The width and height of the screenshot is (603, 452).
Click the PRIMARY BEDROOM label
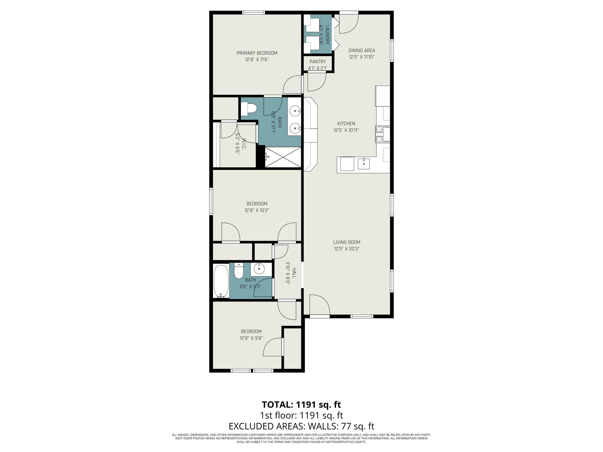257,53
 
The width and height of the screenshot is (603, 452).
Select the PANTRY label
318,62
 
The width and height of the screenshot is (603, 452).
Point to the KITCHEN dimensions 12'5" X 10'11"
346,130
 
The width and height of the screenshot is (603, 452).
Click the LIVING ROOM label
347,242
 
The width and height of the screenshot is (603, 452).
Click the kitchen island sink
363,164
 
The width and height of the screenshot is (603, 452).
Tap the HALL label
294,273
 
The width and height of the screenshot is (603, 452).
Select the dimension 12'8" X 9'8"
251,338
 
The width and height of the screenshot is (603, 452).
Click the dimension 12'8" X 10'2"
257,210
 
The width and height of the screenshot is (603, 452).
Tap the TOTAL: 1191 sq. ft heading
301,405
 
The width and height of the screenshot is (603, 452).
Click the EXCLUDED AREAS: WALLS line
301,426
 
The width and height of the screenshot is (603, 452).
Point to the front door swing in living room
319,305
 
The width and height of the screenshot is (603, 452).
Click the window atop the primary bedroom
253,12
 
